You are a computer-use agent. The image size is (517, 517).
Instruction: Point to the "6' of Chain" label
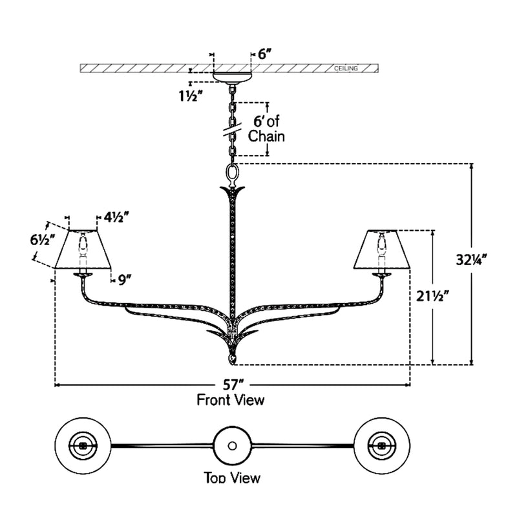(x=267, y=129)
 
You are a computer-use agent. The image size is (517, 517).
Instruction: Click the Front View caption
(x=231, y=400)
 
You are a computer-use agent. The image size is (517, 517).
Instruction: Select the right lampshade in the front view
(x=381, y=250)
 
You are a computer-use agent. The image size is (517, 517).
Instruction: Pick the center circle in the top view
(x=231, y=445)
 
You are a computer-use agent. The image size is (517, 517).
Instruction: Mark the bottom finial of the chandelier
(x=231, y=357)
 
